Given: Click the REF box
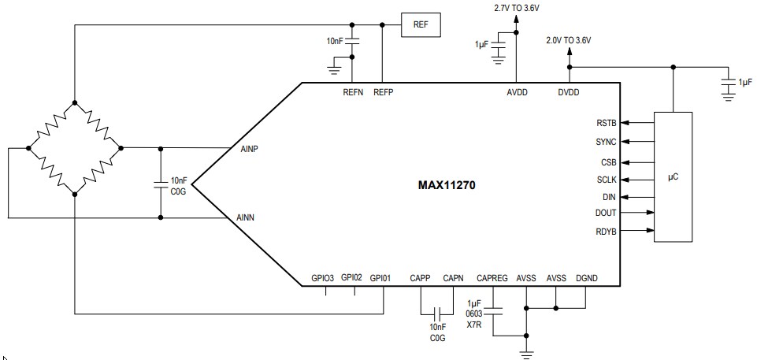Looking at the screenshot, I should [421, 24].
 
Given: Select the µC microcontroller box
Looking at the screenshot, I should [674, 177].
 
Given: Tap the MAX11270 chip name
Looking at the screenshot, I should [447, 186].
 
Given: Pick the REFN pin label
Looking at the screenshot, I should [352, 92].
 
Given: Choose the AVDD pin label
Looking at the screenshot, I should [517, 92].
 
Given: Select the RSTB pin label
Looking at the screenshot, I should [607, 123].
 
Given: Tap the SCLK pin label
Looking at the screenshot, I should [607, 180].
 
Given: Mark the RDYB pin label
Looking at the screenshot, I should [607, 231].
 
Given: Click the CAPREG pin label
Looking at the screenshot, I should [493, 277].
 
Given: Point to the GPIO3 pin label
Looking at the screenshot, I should [323, 277].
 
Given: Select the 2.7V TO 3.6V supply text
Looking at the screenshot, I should [517, 7].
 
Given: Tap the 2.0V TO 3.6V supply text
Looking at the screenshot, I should [568, 39].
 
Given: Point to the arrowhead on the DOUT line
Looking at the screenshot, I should [650, 213].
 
